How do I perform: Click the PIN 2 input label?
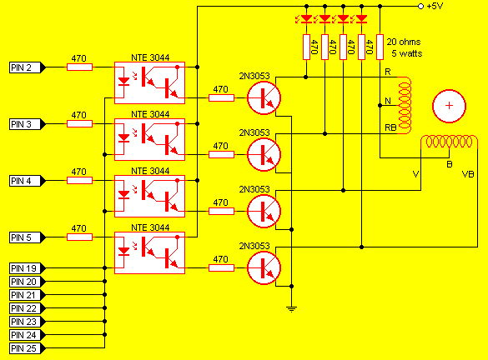click(x=27, y=67)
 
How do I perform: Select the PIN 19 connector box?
click(x=27, y=268)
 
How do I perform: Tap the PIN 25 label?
click(x=27, y=348)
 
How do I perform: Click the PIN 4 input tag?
click(x=27, y=181)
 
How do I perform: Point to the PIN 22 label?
click(x=27, y=308)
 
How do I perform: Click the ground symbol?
click(x=291, y=309)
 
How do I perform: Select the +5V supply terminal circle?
click(x=420, y=6)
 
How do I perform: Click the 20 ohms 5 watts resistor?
click(x=380, y=47)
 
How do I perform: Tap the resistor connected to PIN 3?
click(x=80, y=123)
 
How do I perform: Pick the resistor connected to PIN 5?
click(x=80, y=237)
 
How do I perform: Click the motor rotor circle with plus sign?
click(x=449, y=106)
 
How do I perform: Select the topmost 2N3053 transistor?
click(x=264, y=98)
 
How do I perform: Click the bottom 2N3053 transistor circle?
click(x=264, y=268)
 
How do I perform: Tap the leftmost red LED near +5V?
click(x=306, y=19)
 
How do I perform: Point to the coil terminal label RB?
click(x=390, y=127)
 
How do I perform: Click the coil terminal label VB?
click(x=468, y=174)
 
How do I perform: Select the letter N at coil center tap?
click(x=388, y=101)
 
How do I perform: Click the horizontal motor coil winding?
click(x=449, y=142)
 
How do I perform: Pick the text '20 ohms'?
click(x=404, y=42)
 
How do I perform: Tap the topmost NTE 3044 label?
click(x=150, y=57)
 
